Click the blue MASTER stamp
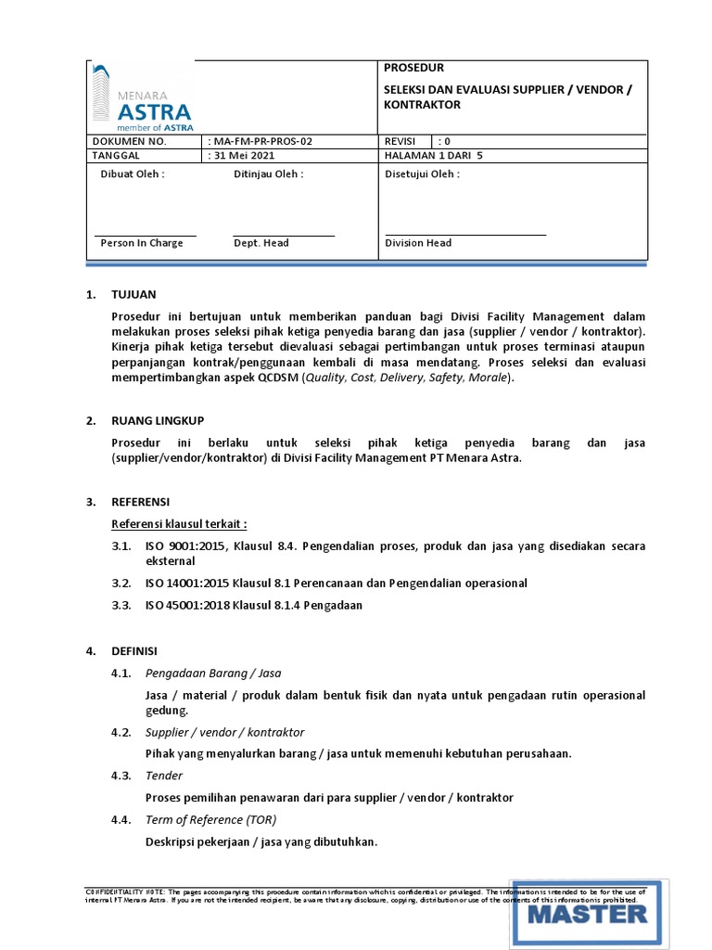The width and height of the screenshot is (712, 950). pos(587,913)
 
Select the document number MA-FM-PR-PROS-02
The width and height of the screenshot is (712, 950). pos(262,141)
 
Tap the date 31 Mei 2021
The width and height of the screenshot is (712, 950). pos(247,156)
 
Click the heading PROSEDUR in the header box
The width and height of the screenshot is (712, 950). pos(413,68)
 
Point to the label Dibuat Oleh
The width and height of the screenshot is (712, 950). pos(132,173)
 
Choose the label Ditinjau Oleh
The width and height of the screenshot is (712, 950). pos(268,173)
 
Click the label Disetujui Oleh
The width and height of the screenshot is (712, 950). pos(421,173)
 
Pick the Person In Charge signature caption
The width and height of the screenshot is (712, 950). pos(142,243)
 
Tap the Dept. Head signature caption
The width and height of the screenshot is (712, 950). pos(261,243)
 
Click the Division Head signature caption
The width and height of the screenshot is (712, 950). pos(418,243)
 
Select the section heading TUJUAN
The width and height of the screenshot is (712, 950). pos(134,295)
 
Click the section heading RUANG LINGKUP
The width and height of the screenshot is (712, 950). pos(158,420)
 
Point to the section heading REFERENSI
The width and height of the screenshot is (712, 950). pos(140,501)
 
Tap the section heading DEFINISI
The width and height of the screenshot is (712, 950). pos(134,651)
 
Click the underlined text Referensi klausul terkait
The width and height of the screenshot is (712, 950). pos(179,522)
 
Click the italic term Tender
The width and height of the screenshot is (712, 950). pos(164,776)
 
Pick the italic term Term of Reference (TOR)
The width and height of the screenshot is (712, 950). pos(210,820)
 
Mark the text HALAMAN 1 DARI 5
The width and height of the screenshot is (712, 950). pos(434,156)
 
